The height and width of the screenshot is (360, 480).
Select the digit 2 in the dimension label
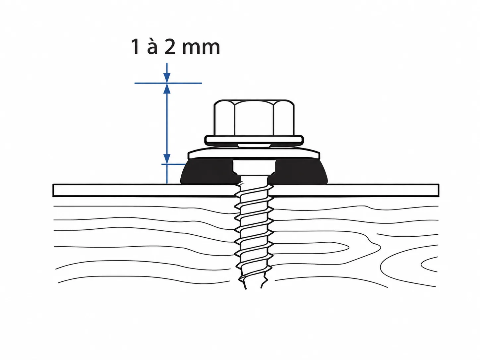point(170,47)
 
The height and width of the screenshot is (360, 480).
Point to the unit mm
point(201,48)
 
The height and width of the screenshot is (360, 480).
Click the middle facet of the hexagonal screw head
point(254,118)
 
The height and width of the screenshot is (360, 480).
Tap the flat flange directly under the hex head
point(254,140)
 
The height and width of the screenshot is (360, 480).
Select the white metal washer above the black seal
point(254,153)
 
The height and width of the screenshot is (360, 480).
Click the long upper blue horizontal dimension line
point(168,83)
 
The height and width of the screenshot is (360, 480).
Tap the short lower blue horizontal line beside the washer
point(174,164)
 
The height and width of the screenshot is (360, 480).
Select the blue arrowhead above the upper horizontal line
point(167,78)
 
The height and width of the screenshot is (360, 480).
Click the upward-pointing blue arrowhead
point(167,89)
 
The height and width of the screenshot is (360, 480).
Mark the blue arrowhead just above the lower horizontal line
point(167,159)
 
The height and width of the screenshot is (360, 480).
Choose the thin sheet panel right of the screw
point(356,190)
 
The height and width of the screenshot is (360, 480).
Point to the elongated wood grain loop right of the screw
point(311,248)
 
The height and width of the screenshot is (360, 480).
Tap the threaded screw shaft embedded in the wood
point(254,236)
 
